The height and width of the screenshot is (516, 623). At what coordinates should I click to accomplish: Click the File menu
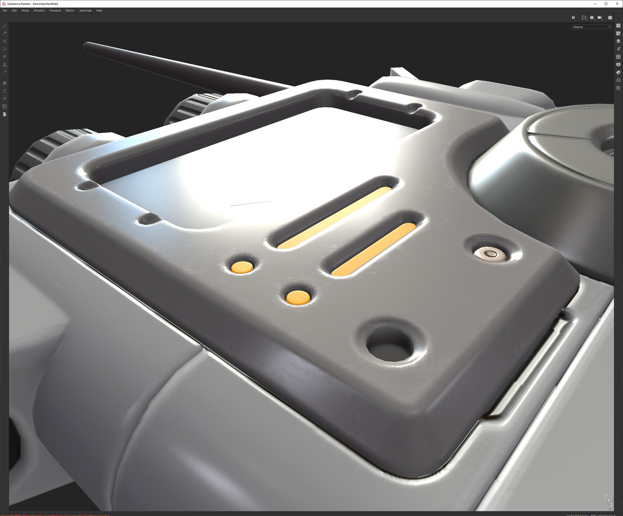[5, 10]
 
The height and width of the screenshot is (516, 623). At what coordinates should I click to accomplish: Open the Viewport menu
[55, 10]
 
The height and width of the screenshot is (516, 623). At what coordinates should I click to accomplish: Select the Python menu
[70, 10]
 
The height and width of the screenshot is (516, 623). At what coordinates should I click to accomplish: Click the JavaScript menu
[85, 10]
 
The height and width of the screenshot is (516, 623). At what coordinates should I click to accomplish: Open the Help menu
[99, 10]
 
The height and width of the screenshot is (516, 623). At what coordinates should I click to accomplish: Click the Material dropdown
[591, 27]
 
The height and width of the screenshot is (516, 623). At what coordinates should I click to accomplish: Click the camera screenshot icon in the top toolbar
[610, 18]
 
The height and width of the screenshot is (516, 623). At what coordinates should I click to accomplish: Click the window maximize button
[606, 4]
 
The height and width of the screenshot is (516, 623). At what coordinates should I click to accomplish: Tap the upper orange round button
[242, 267]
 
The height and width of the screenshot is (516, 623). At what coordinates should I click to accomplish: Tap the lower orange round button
[298, 297]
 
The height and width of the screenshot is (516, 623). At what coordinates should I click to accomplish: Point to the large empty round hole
[390, 346]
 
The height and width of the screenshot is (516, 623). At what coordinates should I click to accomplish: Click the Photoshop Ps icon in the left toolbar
[5, 106]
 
